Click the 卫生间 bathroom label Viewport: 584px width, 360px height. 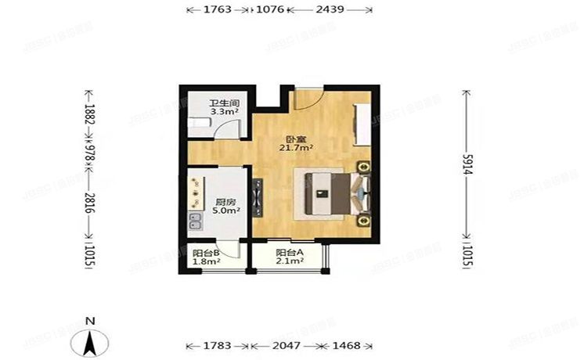pos(223,103)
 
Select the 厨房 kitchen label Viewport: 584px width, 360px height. pos(227,200)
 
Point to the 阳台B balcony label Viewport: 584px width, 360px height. pos(205,252)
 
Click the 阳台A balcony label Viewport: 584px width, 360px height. pos(289,252)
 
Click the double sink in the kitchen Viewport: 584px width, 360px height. pos(196,223)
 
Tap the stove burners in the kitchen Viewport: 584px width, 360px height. pos(195,191)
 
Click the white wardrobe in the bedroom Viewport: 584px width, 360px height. pos(364,121)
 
